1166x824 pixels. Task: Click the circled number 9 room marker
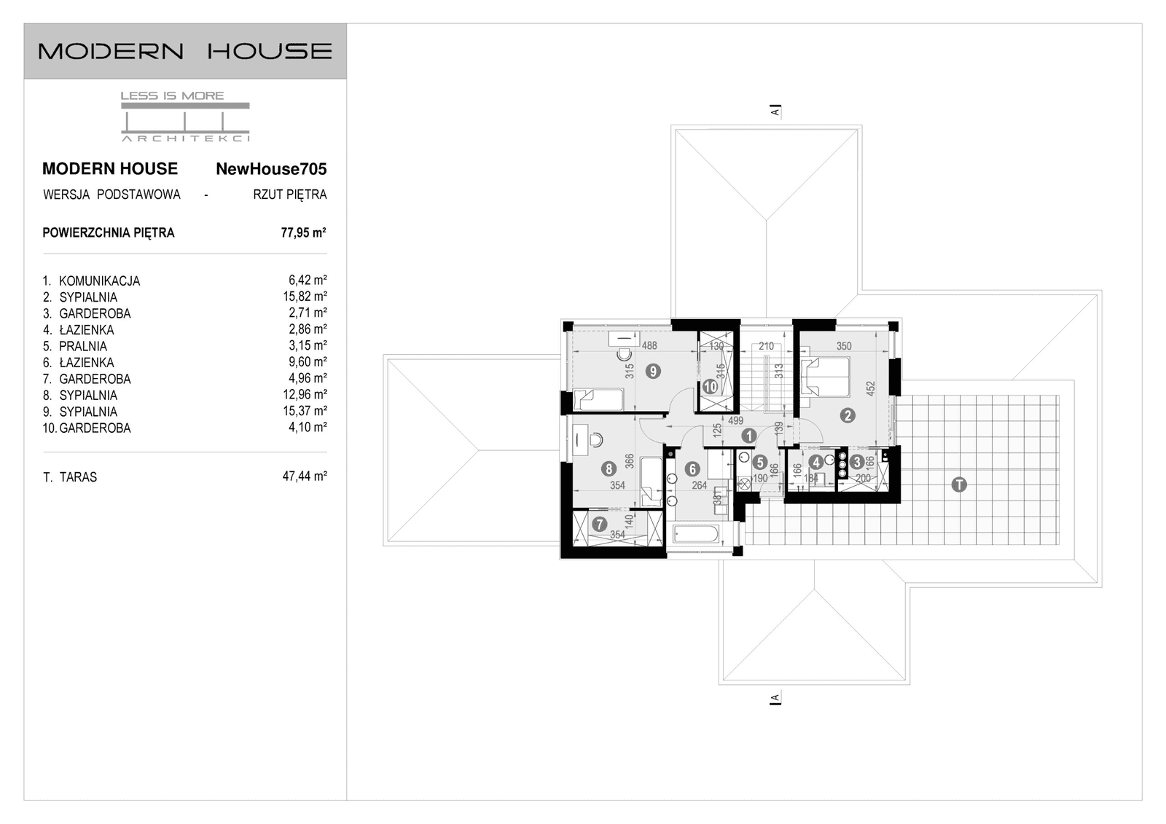tap(653, 371)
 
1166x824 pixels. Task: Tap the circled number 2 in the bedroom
tap(847, 415)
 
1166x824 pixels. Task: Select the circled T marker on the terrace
tap(959, 484)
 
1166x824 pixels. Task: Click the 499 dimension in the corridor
tap(735, 420)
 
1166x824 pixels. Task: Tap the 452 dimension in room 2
tap(869, 388)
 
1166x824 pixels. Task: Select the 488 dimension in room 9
tap(649, 346)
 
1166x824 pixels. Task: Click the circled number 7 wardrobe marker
tap(599, 523)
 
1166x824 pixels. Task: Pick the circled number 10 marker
tap(710, 387)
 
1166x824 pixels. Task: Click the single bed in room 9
tap(598, 400)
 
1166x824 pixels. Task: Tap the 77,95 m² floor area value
tap(303, 233)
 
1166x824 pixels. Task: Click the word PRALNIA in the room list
tap(82, 346)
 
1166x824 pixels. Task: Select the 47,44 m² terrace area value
tap(304, 476)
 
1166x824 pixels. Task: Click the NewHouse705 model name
tap(271, 169)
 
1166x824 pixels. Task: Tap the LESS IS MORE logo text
tap(172, 95)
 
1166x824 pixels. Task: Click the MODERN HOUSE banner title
tap(185, 51)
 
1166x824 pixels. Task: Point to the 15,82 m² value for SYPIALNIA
tap(305, 297)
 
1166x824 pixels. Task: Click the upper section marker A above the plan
tap(775, 111)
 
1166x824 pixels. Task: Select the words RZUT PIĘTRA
tap(289, 195)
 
